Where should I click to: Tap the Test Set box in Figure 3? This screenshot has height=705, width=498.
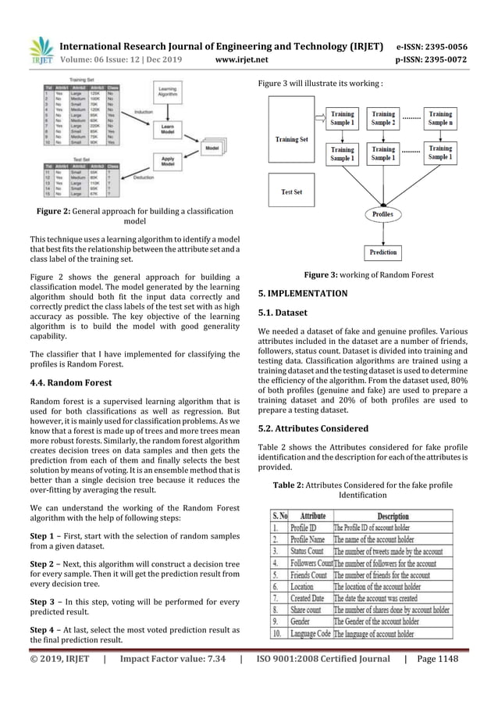click(x=291, y=191)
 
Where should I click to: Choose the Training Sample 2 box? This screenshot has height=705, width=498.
click(x=382, y=118)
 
